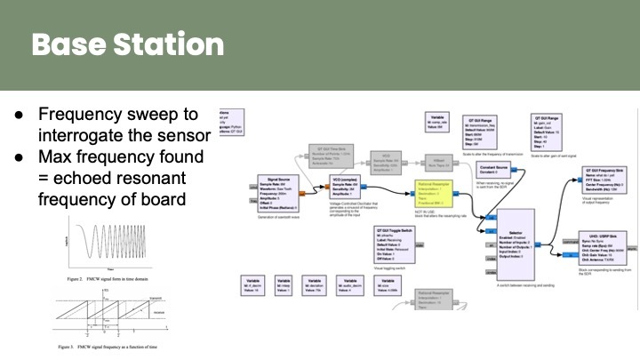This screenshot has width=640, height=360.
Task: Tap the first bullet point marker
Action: click(x=20, y=115)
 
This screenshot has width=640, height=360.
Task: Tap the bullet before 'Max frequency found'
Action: click(x=20, y=156)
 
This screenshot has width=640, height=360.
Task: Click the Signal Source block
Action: click(x=276, y=191)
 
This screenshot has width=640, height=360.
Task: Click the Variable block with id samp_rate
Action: click(x=437, y=122)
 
